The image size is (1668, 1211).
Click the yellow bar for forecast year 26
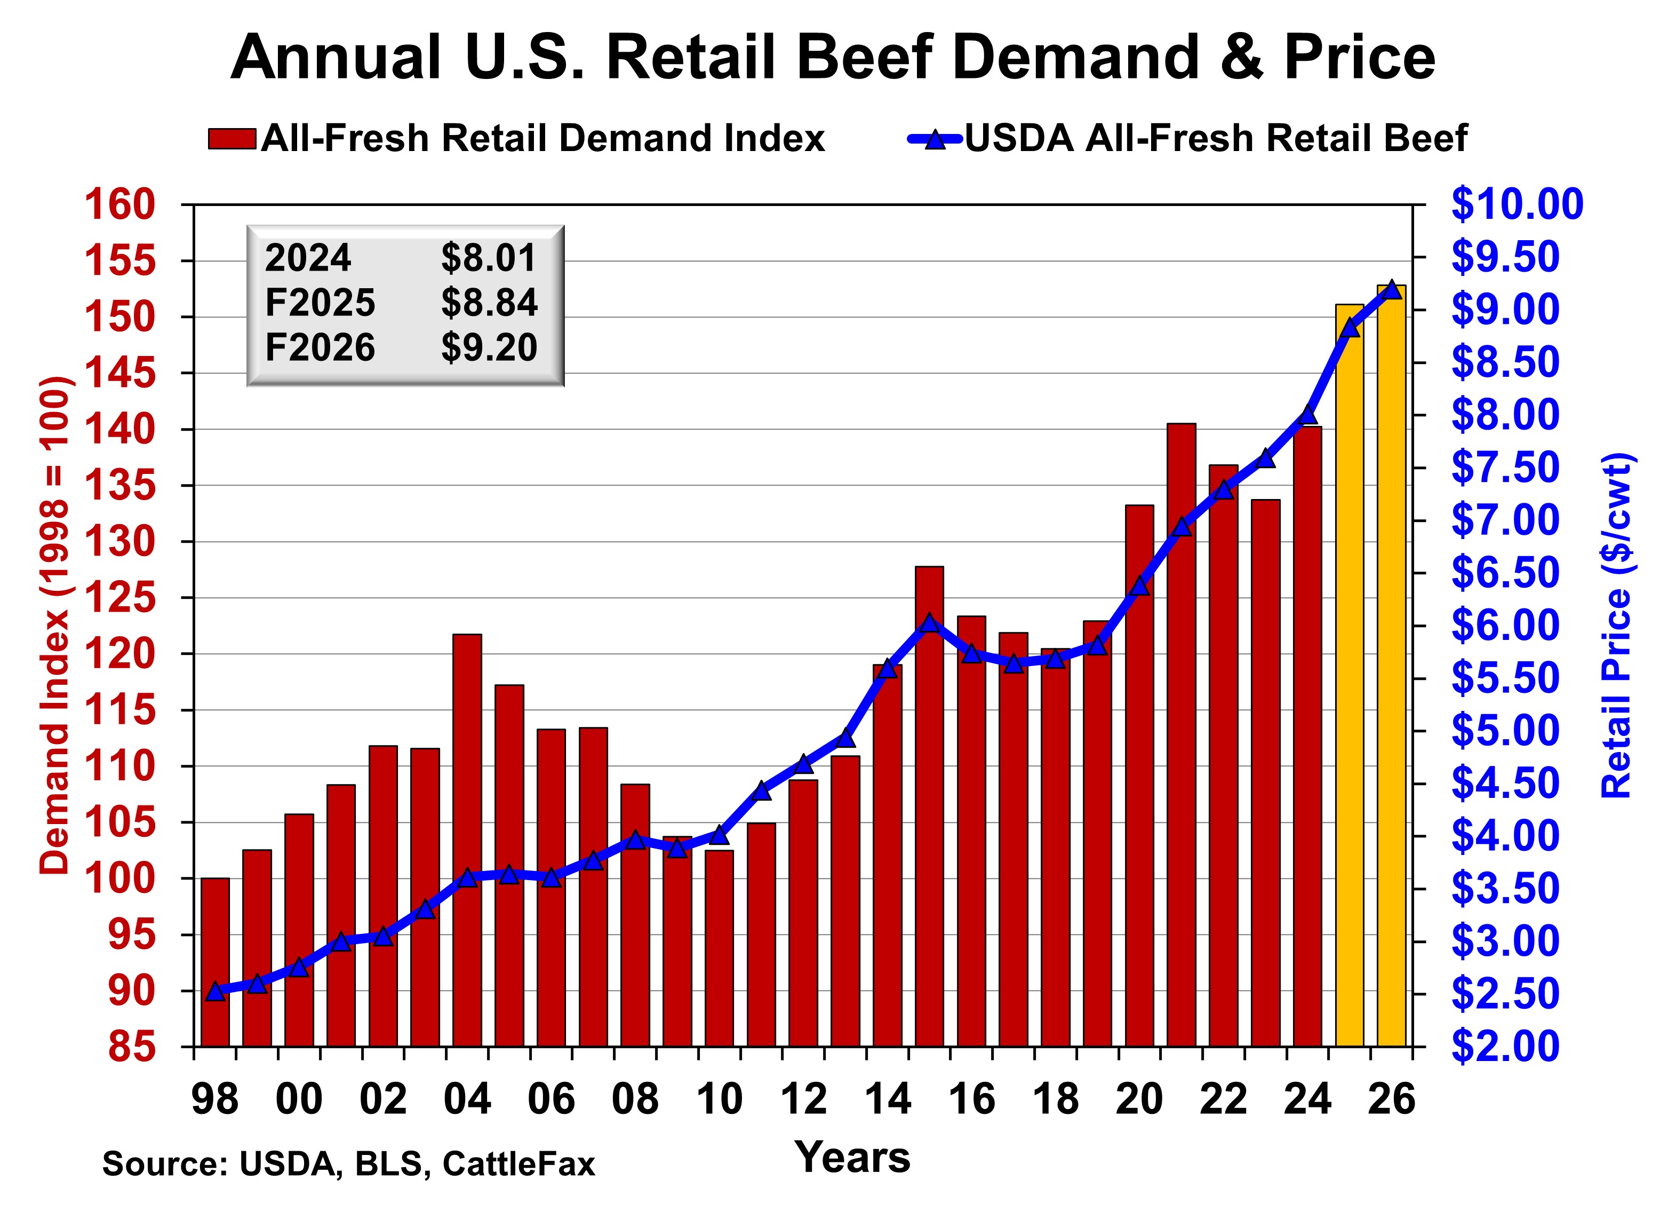pos(1392,666)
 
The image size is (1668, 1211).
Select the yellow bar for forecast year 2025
pos(1350,675)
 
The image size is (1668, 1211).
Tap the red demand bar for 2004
pos(467,840)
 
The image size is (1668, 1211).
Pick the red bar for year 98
pos(215,962)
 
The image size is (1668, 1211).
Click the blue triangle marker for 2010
pos(719,834)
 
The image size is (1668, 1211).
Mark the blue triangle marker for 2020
pos(1139,585)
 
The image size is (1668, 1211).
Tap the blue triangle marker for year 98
pos(215,992)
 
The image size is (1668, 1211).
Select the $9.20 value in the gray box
pos(489,347)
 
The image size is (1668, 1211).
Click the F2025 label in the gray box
pos(320,303)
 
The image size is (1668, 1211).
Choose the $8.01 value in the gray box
pos(489,257)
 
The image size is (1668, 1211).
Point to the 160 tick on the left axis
pos(120,204)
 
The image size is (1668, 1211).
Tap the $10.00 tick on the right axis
pos(1517,204)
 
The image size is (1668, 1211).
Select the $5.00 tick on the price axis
pos(1505,731)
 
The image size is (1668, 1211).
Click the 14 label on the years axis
pos(888,1100)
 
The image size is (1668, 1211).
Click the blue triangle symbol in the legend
pos(935,138)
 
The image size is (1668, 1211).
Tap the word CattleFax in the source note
pos(518,1164)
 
